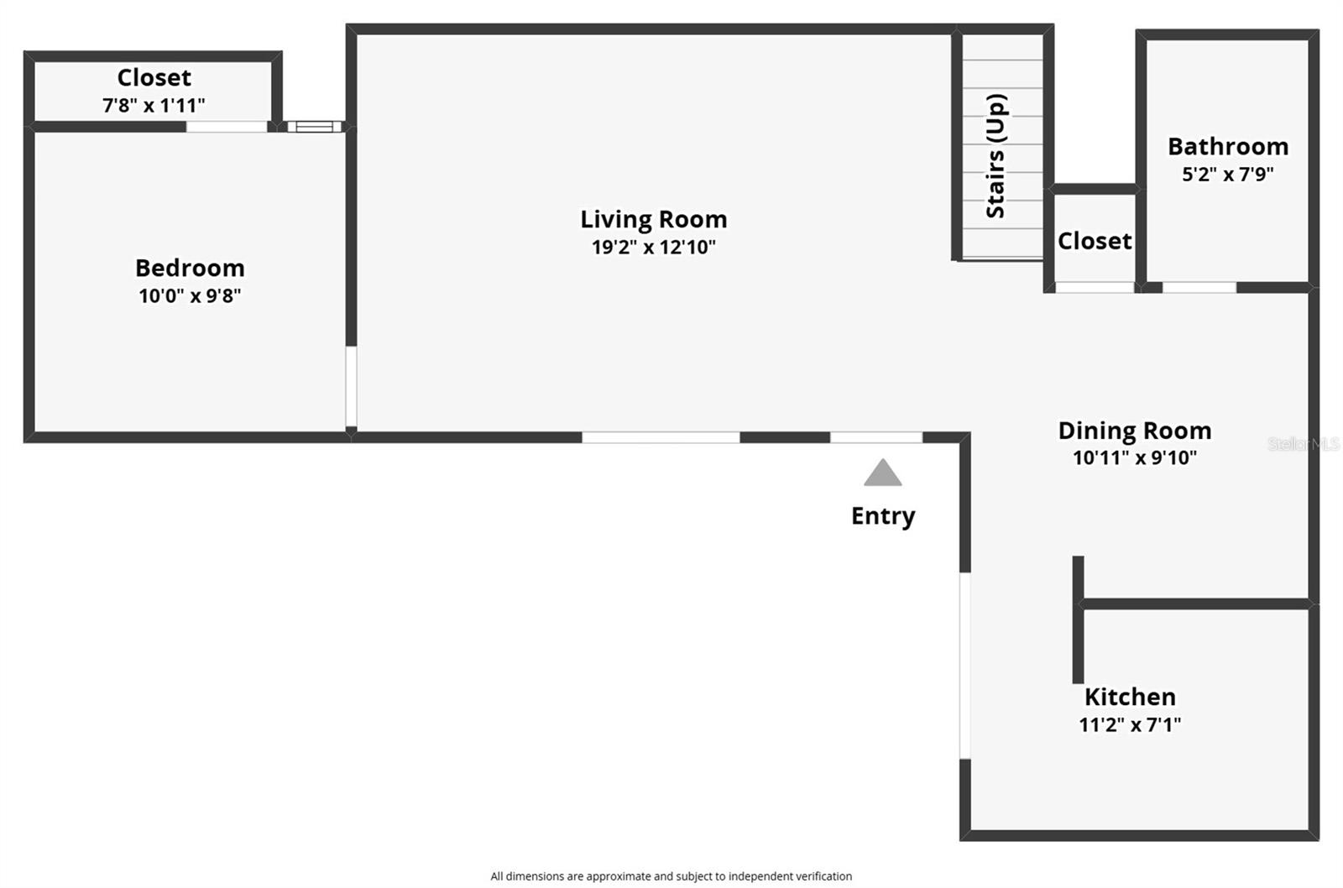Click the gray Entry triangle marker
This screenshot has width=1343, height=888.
click(x=883, y=475)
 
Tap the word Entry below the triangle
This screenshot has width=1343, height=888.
click(x=883, y=515)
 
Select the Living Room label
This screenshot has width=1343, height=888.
click(x=653, y=219)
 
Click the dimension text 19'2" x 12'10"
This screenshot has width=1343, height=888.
click(x=653, y=247)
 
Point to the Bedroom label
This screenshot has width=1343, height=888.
click(x=190, y=268)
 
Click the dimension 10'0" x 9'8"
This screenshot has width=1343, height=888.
click(x=190, y=295)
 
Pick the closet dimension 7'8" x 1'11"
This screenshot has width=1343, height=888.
click(x=154, y=105)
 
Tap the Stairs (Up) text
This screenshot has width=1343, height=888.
click(x=995, y=156)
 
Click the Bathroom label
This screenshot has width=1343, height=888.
click(x=1227, y=146)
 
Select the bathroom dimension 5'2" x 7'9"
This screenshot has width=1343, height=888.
click(x=1227, y=175)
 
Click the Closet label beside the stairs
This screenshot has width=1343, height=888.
click(x=1094, y=241)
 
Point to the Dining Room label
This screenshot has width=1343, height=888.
click(x=1134, y=431)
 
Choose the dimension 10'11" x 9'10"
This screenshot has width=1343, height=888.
click(x=1134, y=458)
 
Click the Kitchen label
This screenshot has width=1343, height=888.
click(x=1130, y=697)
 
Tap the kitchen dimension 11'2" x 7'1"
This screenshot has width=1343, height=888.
click(x=1130, y=724)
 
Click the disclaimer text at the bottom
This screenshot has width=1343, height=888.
click(x=671, y=876)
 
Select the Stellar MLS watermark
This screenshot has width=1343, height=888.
click(x=1303, y=444)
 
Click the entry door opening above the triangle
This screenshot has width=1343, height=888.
click(x=876, y=437)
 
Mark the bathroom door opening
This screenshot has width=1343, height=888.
click(x=1199, y=288)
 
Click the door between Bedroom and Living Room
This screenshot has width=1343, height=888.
click(x=351, y=387)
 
